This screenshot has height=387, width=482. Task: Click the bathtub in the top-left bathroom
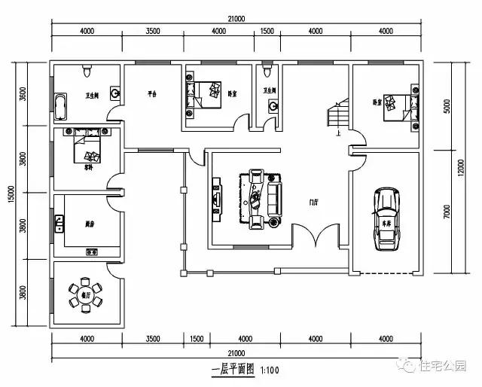click(x=60, y=105)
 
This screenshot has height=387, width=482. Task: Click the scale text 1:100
click(x=270, y=370)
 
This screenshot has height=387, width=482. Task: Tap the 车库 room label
click(x=388, y=224)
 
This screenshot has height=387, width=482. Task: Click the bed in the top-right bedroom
click(x=395, y=107)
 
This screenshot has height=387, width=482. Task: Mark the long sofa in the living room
click(x=273, y=199)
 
